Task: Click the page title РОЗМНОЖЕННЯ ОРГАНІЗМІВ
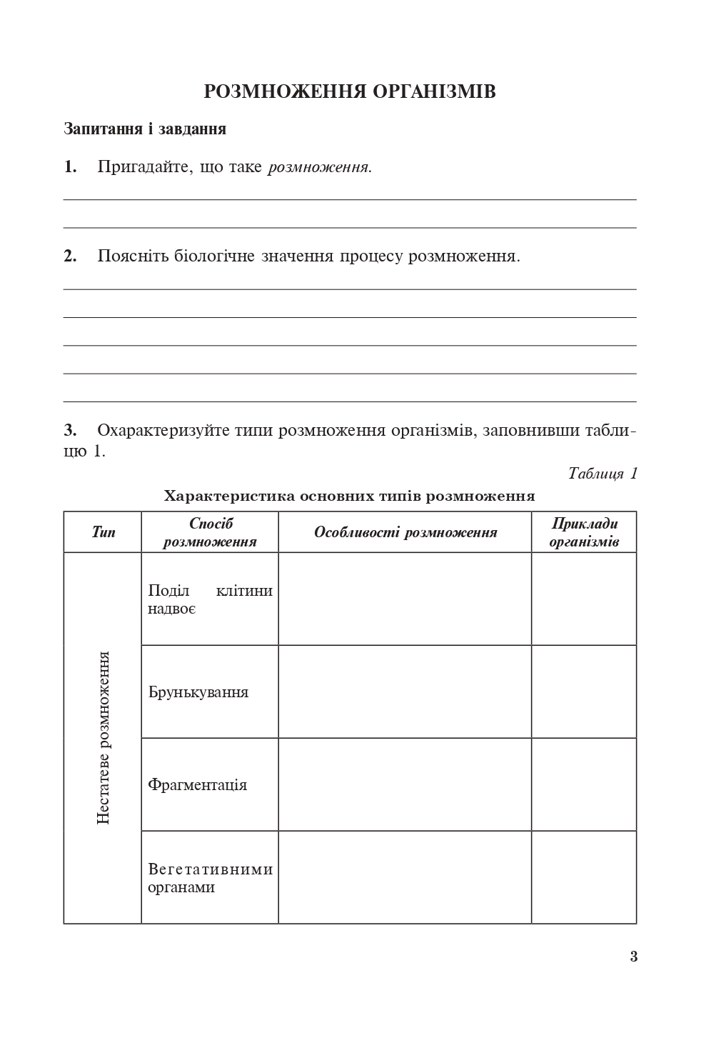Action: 350,92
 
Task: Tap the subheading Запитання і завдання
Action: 145,129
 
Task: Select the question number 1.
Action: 70,167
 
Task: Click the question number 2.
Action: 70,256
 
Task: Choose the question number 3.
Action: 70,431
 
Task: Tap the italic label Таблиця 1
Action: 602,474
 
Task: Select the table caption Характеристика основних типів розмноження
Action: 350,496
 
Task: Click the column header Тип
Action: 103,532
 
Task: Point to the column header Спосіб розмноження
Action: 210,532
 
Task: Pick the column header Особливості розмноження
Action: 405,532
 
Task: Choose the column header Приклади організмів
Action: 584,532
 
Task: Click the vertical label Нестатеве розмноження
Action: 104,737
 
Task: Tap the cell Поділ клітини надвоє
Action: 210,599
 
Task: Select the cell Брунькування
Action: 198,692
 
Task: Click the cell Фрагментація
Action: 198,785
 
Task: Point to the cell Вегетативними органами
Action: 210,878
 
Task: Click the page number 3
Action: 634,957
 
